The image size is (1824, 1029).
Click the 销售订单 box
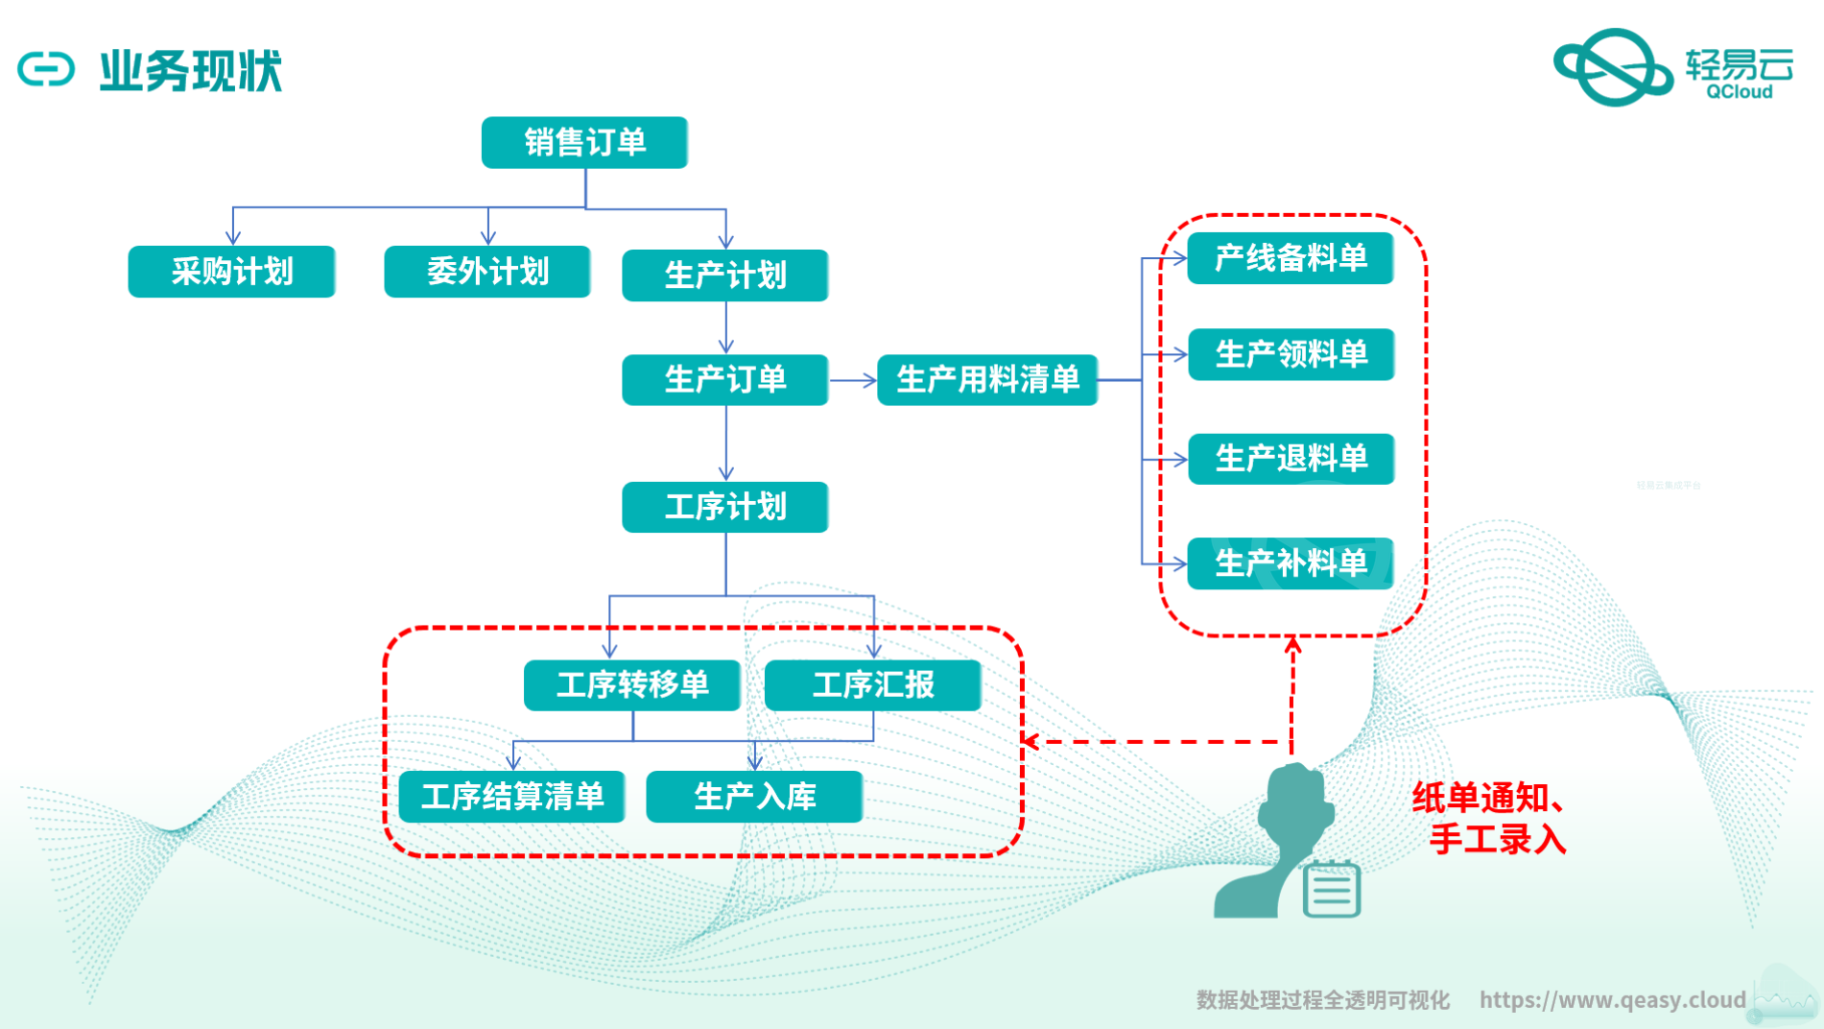pyautogui.click(x=584, y=143)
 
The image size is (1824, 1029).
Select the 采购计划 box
pyautogui.click(x=231, y=272)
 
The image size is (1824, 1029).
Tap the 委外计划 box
pyautogui.click(x=487, y=272)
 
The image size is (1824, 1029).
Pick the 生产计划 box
pyautogui.click(x=725, y=275)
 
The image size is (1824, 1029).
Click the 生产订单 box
pyautogui.click(x=725, y=380)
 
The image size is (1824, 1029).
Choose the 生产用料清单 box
pyautogui.click(x=987, y=380)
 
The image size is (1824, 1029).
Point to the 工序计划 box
pyautogui.click(x=725, y=507)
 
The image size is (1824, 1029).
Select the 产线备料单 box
pyautogui.click(x=1291, y=258)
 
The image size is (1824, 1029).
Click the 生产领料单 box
pyautogui.click(x=1291, y=354)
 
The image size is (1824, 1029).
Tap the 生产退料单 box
pyautogui.click(x=1291, y=459)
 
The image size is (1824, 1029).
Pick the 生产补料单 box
pyautogui.click(x=1291, y=563)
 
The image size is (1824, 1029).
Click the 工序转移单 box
pyautogui.click(x=632, y=685)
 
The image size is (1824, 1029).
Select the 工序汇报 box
pyautogui.click(x=873, y=685)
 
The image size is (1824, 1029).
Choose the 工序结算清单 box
pyautogui.click(x=512, y=797)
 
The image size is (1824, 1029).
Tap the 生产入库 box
pyautogui.click(x=755, y=797)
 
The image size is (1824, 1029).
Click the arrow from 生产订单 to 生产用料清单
pyautogui.click(x=853, y=381)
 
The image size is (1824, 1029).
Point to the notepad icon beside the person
pyautogui.click(x=1332, y=889)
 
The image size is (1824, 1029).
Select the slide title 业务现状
pyautogui.click(x=191, y=72)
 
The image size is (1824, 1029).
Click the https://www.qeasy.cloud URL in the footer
pyautogui.click(x=1612, y=1000)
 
